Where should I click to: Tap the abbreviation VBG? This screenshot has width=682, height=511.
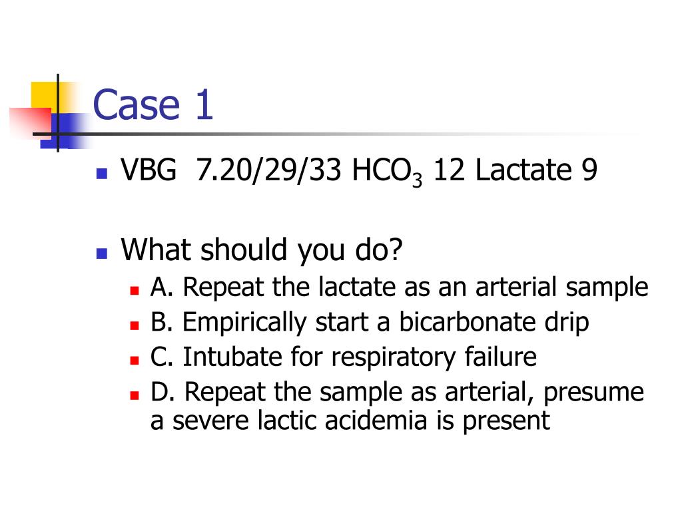(x=149, y=172)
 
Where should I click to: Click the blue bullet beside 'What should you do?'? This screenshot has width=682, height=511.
(x=101, y=254)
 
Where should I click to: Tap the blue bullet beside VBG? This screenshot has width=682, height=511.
(x=101, y=175)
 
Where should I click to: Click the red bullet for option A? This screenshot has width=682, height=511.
(x=134, y=291)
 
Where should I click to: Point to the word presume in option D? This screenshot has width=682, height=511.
(x=593, y=393)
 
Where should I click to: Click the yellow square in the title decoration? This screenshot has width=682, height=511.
(x=43, y=94)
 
